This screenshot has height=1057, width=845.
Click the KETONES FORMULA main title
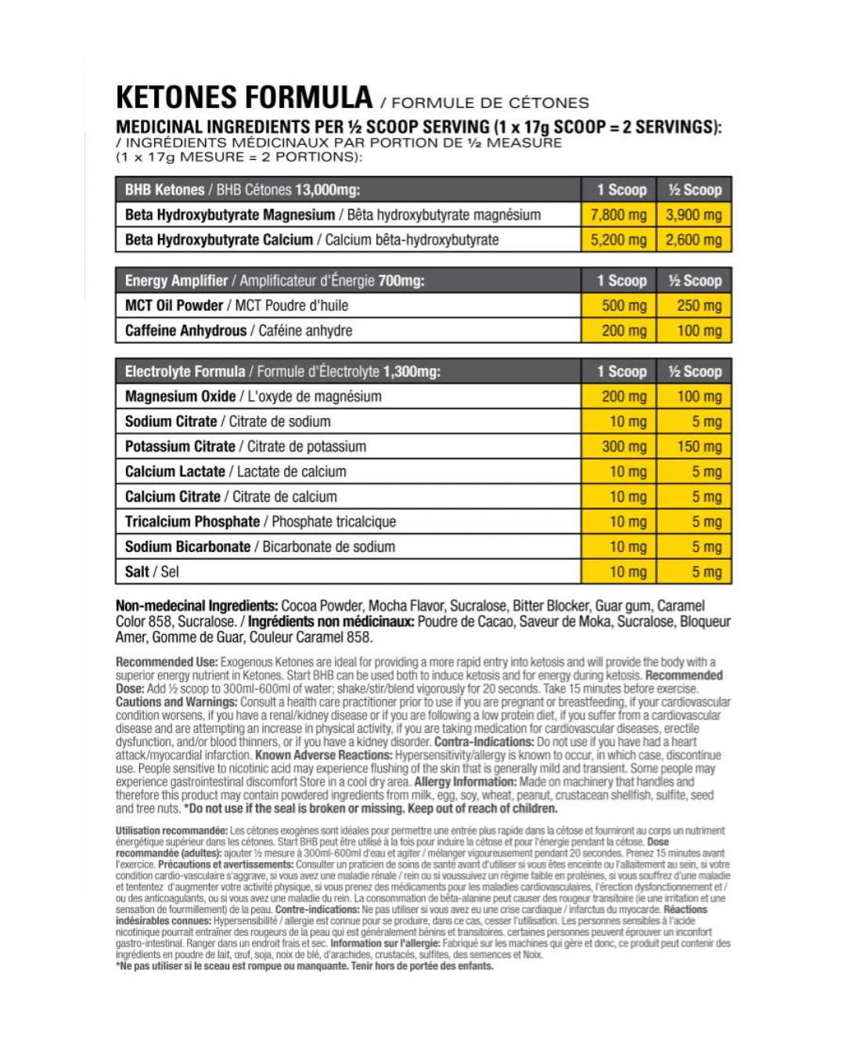244,98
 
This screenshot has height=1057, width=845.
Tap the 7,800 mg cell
618,215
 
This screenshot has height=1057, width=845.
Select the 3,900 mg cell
693,215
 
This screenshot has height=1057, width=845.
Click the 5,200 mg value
618,240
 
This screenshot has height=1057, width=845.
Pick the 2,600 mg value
693,240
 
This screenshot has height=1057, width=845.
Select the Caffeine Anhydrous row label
238,330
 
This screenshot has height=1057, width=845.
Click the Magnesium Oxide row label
253,396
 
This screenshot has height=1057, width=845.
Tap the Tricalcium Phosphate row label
260,521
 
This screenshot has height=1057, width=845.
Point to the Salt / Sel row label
152,572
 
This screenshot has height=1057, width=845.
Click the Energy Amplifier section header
274,280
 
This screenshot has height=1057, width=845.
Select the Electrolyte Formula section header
282,371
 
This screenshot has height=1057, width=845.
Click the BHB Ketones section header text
242,189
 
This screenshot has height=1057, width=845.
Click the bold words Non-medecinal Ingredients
196,606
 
